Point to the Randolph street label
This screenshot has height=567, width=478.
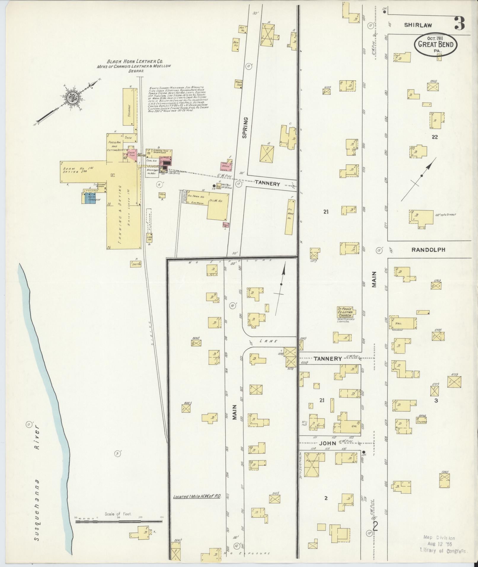tap(428, 250)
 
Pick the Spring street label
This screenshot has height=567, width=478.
tap(245, 127)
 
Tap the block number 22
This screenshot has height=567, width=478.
tap(435, 137)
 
